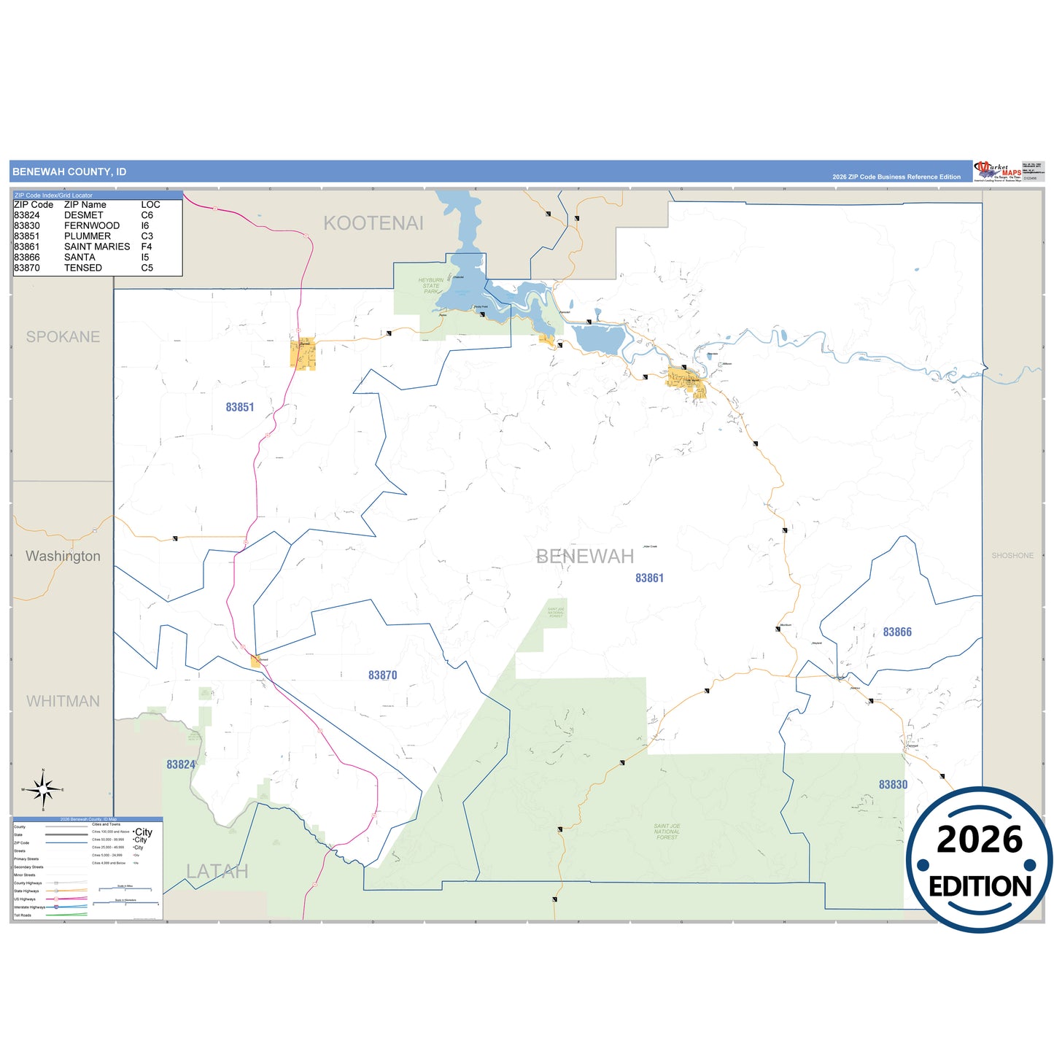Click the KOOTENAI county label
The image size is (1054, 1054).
tap(373, 223)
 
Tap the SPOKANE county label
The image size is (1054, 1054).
tap(63, 337)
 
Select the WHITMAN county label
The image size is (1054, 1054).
tap(63, 702)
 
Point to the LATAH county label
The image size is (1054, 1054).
tap(217, 872)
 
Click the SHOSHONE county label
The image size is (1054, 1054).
tap(1012, 556)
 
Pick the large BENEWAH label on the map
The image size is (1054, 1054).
tap(585, 557)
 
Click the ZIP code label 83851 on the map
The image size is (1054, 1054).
tap(240, 408)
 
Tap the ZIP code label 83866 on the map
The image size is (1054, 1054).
tap(897, 632)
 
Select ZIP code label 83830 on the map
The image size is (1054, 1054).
tap(893, 785)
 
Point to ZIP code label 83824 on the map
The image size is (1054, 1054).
tap(181, 764)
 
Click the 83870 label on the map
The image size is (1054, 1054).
tap(382, 675)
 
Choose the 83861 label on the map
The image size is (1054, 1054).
tap(649, 578)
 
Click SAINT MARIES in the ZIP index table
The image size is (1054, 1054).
tap(97, 247)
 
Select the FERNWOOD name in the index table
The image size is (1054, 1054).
tap(92, 225)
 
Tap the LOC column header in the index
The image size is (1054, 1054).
tap(150, 205)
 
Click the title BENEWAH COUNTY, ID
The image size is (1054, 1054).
tap(69, 172)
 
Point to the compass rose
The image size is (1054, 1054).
tap(43, 789)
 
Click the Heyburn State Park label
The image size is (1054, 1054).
tap(431, 285)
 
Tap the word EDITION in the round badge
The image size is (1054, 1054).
tap(980, 886)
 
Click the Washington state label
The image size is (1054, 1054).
tap(63, 557)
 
